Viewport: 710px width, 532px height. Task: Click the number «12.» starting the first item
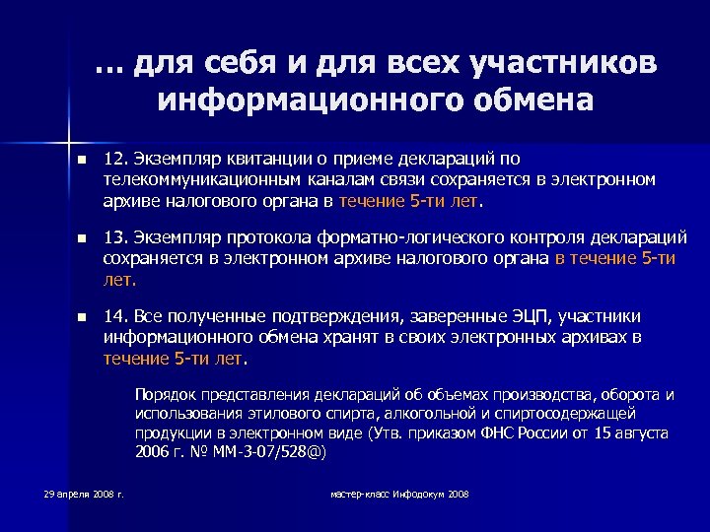117,159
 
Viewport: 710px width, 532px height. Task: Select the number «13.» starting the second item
117,237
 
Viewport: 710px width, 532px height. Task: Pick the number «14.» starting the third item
117,316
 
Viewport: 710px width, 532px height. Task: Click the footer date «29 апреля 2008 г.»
84,493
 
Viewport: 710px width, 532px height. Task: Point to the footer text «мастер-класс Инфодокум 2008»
399,493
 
